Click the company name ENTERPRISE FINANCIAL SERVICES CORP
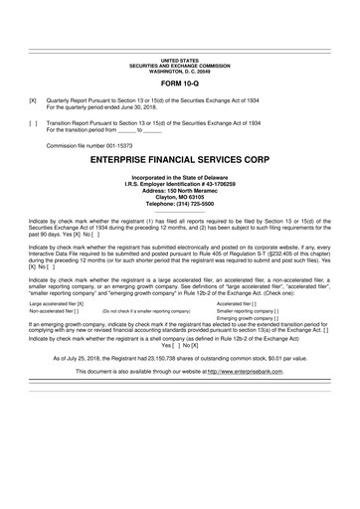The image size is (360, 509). pos(180,158)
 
